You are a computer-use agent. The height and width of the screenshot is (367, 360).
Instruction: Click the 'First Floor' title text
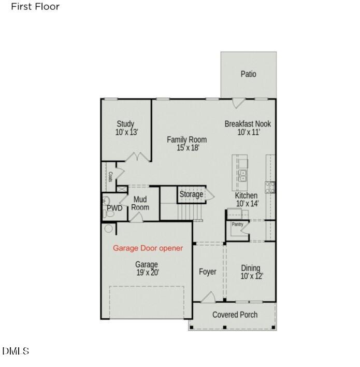click(35, 7)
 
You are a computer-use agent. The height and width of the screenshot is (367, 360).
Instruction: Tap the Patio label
click(248, 74)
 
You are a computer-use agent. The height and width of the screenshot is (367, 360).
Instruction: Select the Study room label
click(125, 124)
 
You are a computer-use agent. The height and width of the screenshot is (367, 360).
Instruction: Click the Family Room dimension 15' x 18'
click(186, 148)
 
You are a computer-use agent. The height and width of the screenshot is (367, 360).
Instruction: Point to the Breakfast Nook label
click(248, 124)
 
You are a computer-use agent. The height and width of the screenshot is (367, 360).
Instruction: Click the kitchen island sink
click(242, 175)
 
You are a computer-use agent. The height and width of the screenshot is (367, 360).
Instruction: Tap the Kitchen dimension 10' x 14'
click(247, 204)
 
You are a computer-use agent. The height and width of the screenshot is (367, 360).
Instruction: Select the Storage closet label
click(191, 194)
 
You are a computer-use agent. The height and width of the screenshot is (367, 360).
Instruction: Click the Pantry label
click(237, 224)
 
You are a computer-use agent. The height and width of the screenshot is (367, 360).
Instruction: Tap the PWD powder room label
click(114, 208)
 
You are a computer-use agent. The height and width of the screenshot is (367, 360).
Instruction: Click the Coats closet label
click(110, 176)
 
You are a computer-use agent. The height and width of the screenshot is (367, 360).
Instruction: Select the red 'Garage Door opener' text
click(148, 248)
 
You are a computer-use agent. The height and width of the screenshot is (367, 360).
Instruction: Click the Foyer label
click(208, 272)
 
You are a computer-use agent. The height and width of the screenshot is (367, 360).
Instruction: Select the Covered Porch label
click(235, 315)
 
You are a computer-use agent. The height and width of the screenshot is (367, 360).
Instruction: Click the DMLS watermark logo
click(16, 351)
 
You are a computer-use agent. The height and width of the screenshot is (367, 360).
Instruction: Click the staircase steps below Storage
click(187, 211)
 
